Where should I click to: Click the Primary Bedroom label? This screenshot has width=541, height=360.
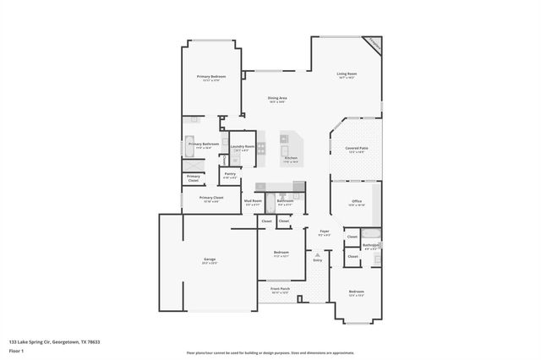(210, 76)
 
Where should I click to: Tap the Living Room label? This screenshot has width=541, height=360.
(347, 74)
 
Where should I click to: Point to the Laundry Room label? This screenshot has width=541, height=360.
(243, 146)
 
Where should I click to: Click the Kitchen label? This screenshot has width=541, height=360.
(291, 158)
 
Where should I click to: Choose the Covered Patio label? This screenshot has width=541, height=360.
(355, 148)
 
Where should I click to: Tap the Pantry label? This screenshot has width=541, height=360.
(230, 174)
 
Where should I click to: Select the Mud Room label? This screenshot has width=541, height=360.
(253, 200)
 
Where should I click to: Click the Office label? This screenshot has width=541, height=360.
(357, 200)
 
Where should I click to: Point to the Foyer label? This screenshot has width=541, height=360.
(324, 230)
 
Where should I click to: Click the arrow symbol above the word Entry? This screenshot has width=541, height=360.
(318, 254)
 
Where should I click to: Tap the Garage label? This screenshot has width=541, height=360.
(209, 259)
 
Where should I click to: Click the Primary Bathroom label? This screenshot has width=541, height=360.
(204, 144)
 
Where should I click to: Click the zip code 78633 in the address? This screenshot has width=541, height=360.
(92, 342)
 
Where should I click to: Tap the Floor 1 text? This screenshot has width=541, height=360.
(14, 349)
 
